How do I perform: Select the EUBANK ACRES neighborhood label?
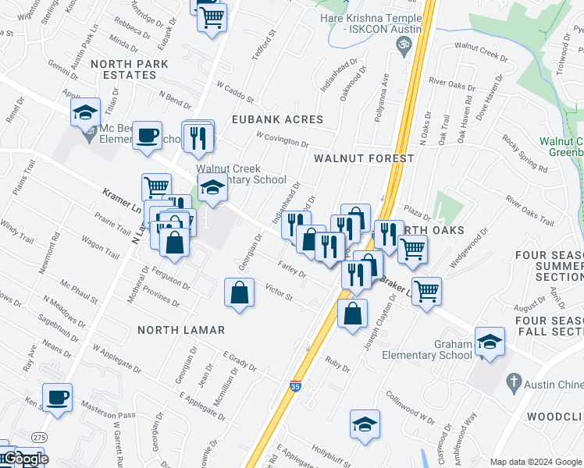coord(277,119)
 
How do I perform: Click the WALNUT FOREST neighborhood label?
coord(363,158)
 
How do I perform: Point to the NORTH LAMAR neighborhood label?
coord(181,330)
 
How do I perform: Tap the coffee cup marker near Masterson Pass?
coord(58,397)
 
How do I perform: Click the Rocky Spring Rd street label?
coord(525,154)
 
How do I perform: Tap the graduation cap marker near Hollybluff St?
coord(365,424)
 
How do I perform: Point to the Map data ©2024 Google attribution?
coord(535,462)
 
